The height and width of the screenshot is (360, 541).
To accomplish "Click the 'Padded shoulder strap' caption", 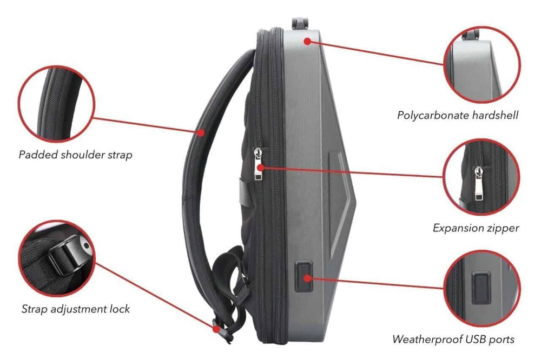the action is pyautogui.click(x=76, y=155).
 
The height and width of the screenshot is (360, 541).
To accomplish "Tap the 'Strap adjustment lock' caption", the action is pyautogui.click(x=76, y=309).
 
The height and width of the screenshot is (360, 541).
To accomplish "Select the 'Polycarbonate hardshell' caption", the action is pyautogui.click(x=458, y=115).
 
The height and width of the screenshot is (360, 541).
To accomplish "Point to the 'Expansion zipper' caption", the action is pyautogui.click(x=476, y=228).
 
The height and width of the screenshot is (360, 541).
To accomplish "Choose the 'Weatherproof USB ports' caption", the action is pyautogui.click(x=453, y=339).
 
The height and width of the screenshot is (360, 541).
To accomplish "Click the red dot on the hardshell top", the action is pyautogui.click(x=307, y=42).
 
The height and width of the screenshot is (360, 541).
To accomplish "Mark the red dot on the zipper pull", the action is pyautogui.click(x=261, y=168).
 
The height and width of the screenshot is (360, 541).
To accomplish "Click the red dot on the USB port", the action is pyautogui.click(x=307, y=278).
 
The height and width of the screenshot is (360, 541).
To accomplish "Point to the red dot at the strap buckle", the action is pyautogui.click(x=216, y=329).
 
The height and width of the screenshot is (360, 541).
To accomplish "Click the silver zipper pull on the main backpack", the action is pyautogui.click(x=258, y=164).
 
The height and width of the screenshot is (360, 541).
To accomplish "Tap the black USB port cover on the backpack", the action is pyautogui.click(x=304, y=276).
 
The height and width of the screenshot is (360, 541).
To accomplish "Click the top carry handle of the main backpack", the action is pyautogui.click(x=299, y=23).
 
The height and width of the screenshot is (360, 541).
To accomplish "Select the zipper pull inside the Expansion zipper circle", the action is pyautogui.click(x=479, y=183).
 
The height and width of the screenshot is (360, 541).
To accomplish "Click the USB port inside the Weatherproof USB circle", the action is pyautogui.click(x=481, y=288).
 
